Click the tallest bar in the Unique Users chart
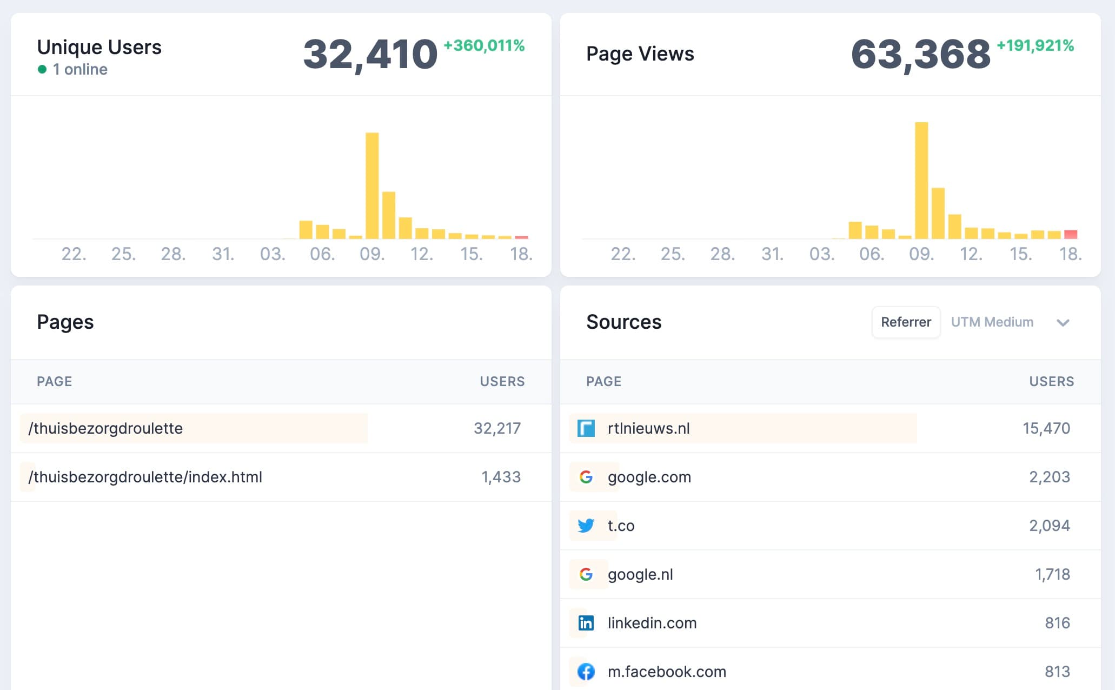click(372, 185)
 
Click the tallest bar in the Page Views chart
click(921, 180)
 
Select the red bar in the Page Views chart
click(1071, 234)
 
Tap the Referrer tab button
click(906, 322)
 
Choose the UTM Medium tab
click(992, 322)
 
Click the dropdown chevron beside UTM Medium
click(1063, 323)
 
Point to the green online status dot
click(42, 69)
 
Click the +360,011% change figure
click(484, 45)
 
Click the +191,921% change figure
click(1035, 45)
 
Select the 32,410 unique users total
click(370, 55)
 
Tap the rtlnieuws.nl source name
click(648, 428)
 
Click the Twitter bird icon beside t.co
click(586, 525)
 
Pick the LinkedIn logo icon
click(586, 623)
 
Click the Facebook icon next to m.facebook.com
click(586, 672)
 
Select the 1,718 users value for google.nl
click(1052, 574)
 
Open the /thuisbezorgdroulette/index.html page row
click(145, 477)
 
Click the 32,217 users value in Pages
click(497, 428)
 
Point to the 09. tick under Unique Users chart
click(372, 254)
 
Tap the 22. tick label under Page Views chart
click(623, 254)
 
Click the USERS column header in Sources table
click(1051, 381)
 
